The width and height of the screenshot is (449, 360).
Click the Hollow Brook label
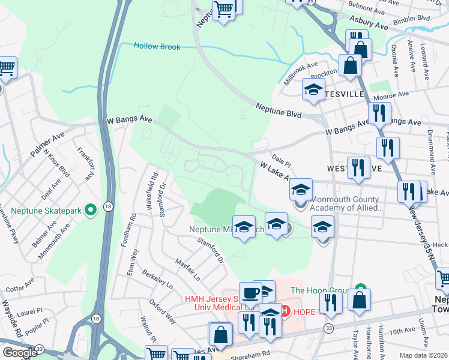(157, 46)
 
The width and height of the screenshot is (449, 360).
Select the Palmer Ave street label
(49, 142)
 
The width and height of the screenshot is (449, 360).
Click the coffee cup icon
(250, 293)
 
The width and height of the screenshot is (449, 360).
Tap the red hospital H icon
(286, 311)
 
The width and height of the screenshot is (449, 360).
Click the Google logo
(20, 353)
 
